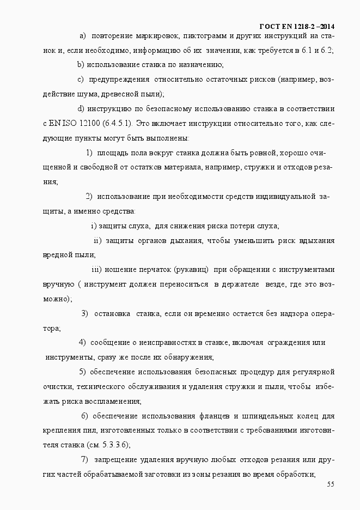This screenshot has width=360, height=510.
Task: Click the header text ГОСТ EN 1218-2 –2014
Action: (x=297, y=26)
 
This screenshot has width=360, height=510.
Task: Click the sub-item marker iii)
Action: (x=96, y=269)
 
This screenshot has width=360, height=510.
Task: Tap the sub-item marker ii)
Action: (x=97, y=240)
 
